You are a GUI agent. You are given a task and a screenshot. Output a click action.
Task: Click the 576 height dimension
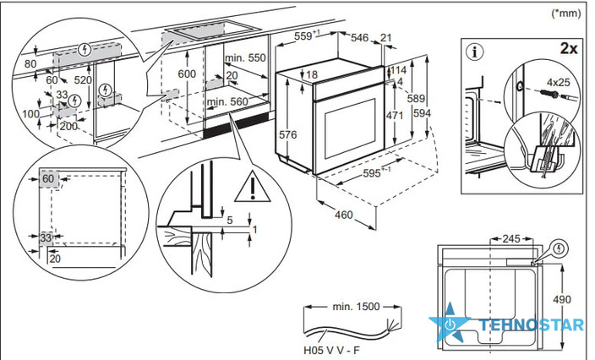click(x=287, y=134)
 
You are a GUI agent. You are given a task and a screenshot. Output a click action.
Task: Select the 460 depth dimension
click(x=343, y=215)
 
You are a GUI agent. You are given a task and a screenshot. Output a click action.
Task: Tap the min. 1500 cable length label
click(x=356, y=307)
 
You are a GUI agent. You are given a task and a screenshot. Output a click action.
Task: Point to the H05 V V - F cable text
click(x=331, y=350)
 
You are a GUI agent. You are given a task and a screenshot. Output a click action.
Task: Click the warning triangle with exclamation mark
click(x=253, y=187)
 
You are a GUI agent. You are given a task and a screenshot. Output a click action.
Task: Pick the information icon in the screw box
click(x=475, y=52)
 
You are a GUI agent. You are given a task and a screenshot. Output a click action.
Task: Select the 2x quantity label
click(x=569, y=48)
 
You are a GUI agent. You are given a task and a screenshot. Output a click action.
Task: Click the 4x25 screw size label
click(x=558, y=82)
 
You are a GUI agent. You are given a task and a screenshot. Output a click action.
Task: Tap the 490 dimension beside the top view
click(x=561, y=300)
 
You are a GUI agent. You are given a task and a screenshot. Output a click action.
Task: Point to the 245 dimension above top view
click(x=511, y=239)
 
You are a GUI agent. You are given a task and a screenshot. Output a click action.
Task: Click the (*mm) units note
click(x=565, y=14)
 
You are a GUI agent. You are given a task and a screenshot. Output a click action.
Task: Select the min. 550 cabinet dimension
click(x=245, y=57)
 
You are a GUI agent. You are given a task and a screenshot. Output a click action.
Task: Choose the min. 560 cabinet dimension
click(x=227, y=101)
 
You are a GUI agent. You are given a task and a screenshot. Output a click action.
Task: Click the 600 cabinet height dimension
click(x=187, y=74)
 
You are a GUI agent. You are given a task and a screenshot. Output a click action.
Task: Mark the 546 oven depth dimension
click(x=359, y=37)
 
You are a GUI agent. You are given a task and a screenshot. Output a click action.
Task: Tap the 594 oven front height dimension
click(x=422, y=112)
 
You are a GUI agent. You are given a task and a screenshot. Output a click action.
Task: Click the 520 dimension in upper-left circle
click(x=83, y=80)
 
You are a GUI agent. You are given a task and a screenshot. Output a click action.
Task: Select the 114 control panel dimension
click(x=398, y=70)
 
